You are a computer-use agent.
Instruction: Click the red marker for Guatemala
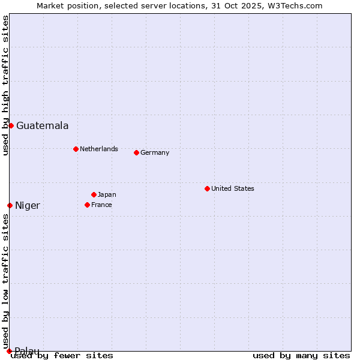coord(11,125)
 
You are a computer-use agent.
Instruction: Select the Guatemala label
coord(42,126)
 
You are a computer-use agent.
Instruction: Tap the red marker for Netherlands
coord(76,149)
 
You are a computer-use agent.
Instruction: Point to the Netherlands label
coord(98,149)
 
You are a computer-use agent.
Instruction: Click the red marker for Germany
coord(136,152)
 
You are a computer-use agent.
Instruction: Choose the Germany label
coord(155,152)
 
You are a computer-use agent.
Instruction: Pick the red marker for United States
coord(207,188)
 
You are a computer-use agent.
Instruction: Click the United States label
coord(232,188)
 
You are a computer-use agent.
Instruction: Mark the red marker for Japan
coord(94,194)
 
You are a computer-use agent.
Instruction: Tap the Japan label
coord(107,194)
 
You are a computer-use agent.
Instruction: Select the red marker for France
coord(87,205)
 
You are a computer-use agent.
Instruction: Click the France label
coord(101,205)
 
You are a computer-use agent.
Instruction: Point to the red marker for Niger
coord(10,205)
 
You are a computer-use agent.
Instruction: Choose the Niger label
coord(28,206)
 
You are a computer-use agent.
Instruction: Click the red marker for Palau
coord(9,351)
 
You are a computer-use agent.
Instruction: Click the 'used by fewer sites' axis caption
coord(62,355)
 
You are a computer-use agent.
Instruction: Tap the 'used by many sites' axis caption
coord(301,355)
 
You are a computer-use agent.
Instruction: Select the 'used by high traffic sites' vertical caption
coord(5,86)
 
